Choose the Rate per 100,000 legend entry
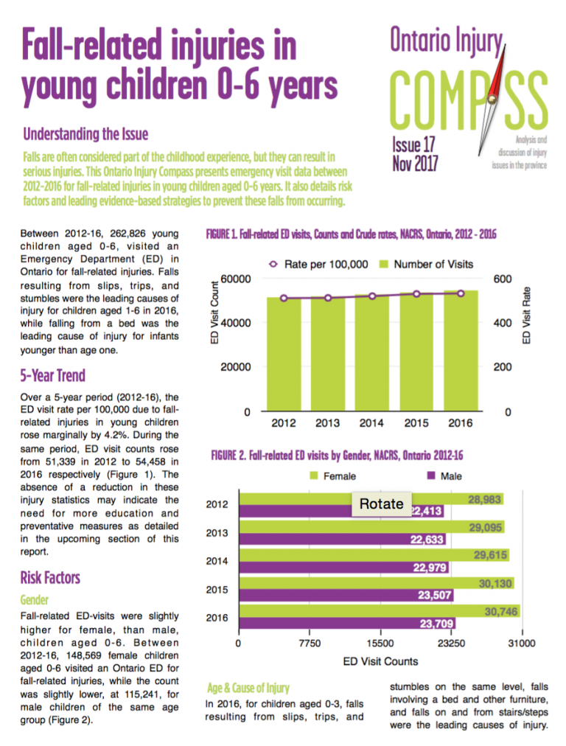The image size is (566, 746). click(x=320, y=264)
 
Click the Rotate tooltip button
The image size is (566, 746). click(x=381, y=503)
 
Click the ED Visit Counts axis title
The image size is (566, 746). click(x=380, y=661)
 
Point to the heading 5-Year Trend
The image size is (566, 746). click(x=53, y=375)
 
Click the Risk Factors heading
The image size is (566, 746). click(x=50, y=576)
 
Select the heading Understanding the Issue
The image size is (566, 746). click(x=85, y=134)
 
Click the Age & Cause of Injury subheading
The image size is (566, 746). click(x=248, y=688)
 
